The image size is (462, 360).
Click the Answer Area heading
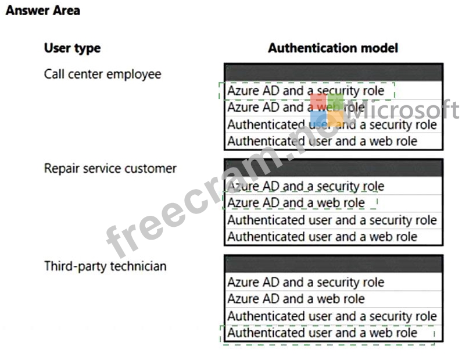click(x=43, y=10)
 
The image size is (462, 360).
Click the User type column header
click(x=73, y=48)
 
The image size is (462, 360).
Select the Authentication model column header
click(x=333, y=48)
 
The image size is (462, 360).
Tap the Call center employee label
click(x=102, y=74)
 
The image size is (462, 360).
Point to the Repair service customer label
click(x=110, y=169)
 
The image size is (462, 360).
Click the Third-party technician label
click(x=105, y=266)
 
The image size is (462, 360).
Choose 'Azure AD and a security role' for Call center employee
click(x=306, y=91)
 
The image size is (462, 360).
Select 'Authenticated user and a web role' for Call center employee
click(x=323, y=141)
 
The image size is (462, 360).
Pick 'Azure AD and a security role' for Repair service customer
click(x=306, y=186)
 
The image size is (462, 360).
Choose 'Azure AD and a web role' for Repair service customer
click(x=296, y=203)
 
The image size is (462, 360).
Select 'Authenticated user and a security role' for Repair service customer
click(x=332, y=220)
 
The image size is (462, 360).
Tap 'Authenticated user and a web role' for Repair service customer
click(x=323, y=237)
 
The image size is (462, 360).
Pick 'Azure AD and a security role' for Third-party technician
click(x=306, y=283)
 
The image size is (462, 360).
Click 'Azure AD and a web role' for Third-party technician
click(x=296, y=299)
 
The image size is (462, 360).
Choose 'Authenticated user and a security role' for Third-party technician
click(x=332, y=316)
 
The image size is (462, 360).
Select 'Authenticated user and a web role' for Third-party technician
click(x=323, y=333)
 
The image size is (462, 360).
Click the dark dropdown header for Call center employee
click(x=334, y=72)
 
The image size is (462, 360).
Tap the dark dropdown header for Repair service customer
click(x=334, y=168)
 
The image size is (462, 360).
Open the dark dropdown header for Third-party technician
click(x=334, y=264)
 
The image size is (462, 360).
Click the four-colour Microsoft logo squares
click(x=327, y=110)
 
